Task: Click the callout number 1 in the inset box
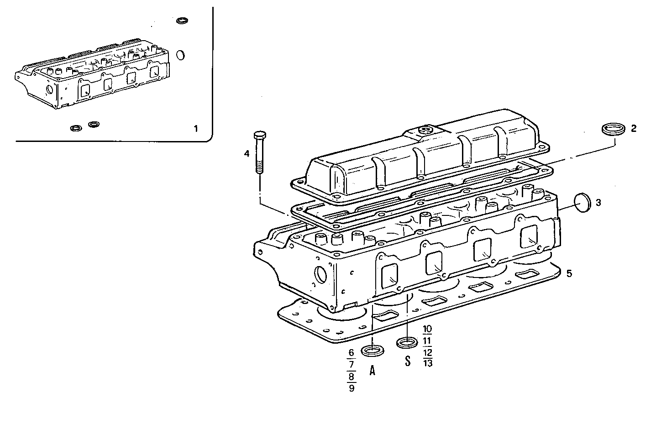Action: click(196, 129)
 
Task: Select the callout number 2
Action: click(633, 128)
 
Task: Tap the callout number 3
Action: click(598, 202)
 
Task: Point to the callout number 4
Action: click(247, 154)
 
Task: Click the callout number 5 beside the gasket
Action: click(569, 273)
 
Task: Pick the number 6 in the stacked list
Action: click(351, 352)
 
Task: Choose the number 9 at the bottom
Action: click(351, 388)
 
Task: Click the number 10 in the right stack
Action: click(427, 329)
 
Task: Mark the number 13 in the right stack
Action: click(427, 363)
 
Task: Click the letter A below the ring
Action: click(372, 371)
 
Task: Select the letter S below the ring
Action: click(408, 361)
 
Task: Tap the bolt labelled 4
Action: click(259, 153)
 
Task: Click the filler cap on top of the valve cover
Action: click(425, 130)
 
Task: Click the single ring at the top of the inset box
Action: click(182, 21)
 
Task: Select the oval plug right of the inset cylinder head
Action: click(180, 55)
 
